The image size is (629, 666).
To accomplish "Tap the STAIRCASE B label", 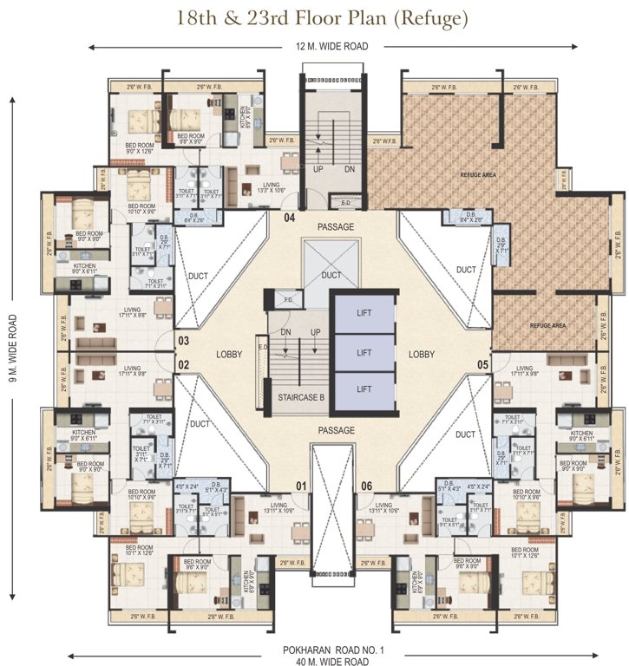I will pyautogui.click(x=294, y=398).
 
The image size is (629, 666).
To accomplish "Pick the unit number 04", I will pyautogui.click(x=290, y=218).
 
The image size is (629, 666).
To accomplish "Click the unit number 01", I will pyautogui.click(x=300, y=486).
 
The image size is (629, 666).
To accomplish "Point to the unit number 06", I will pyautogui.click(x=365, y=486).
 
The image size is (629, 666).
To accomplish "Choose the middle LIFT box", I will pyautogui.click(x=364, y=353).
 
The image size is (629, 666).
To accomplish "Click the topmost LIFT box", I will pyautogui.click(x=364, y=316).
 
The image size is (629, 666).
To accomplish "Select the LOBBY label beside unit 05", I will pyautogui.click(x=422, y=355).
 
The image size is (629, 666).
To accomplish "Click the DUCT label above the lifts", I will pyautogui.click(x=331, y=275).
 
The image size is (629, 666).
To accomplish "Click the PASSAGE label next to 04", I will pyautogui.click(x=336, y=227).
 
